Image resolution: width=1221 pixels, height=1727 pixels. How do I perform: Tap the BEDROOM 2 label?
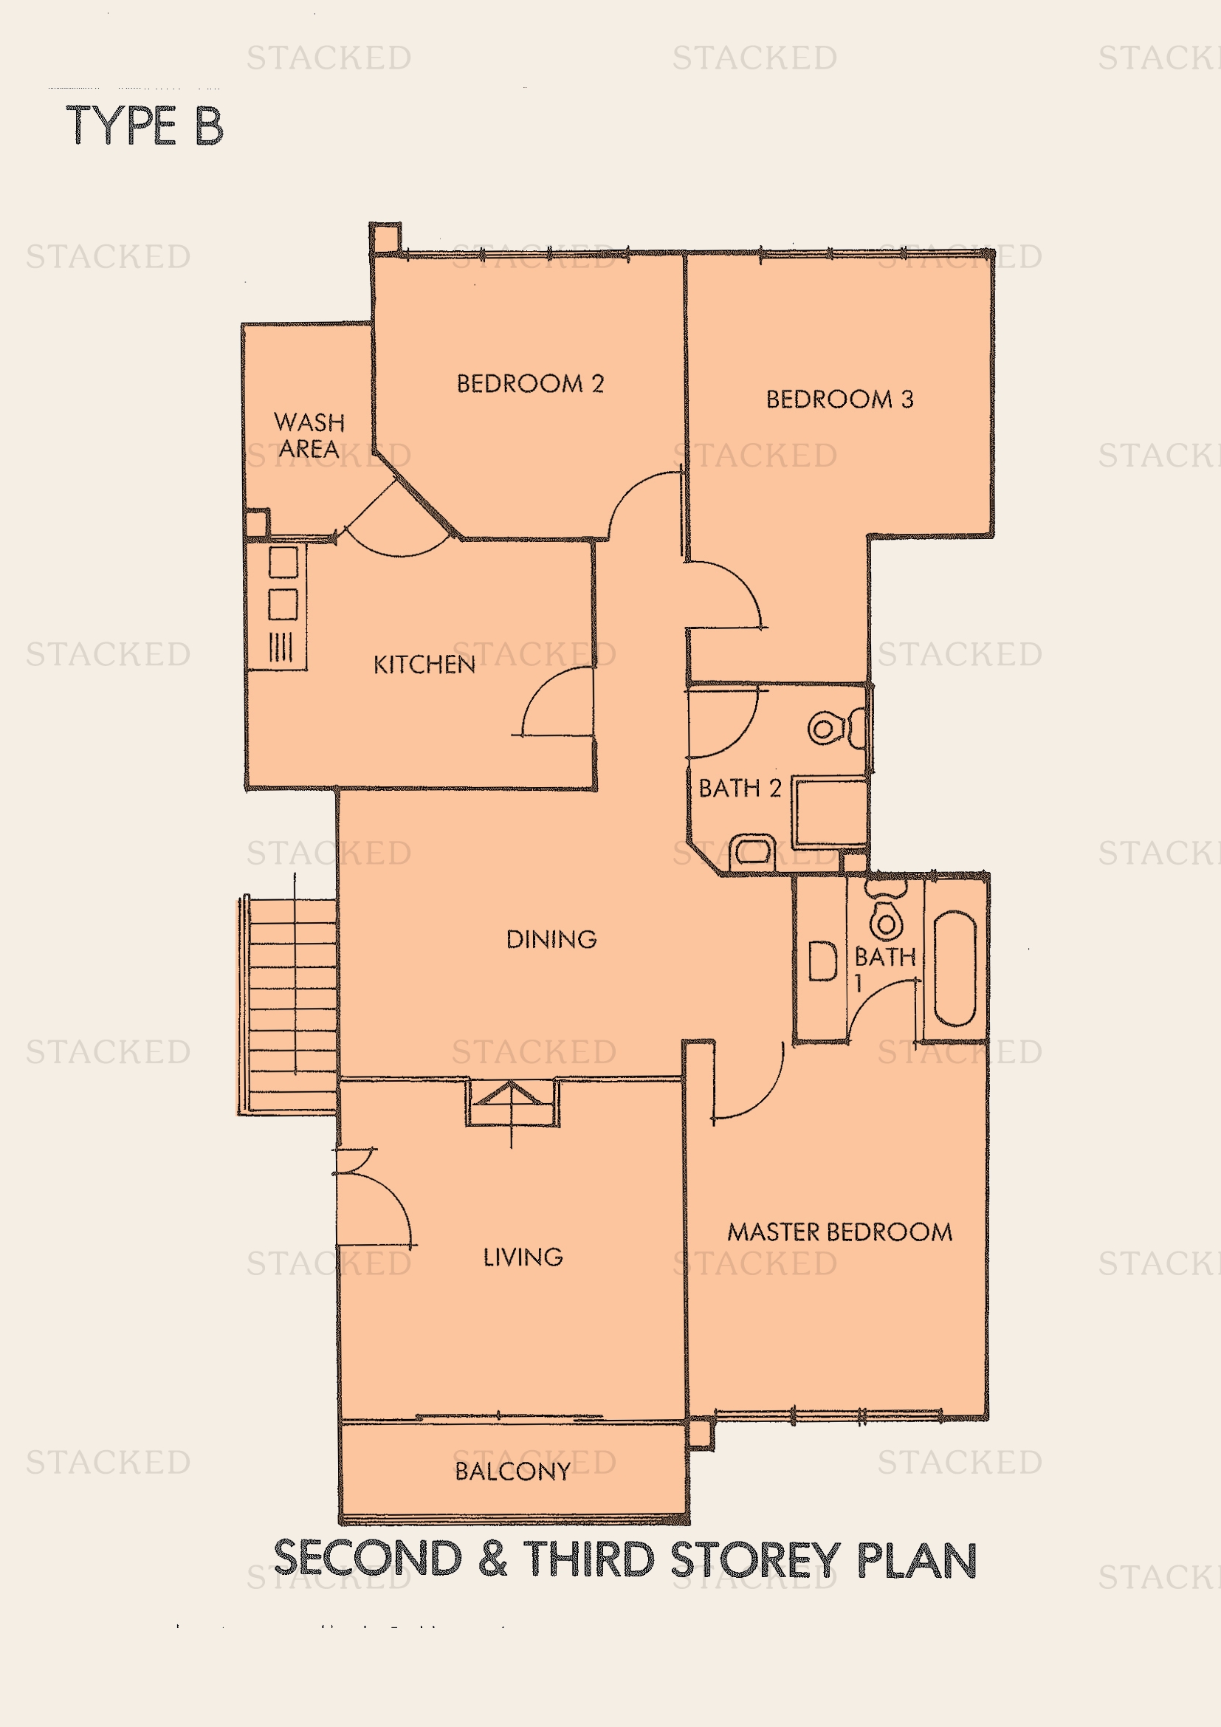click(x=530, y=384)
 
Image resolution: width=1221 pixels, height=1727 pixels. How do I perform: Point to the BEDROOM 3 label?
click(x=839, y=399)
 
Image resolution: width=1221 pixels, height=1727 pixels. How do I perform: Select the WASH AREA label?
click(x=309, y=435)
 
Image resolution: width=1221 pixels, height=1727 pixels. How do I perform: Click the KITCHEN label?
click(x=424, y=665)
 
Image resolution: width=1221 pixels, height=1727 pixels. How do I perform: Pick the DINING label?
click(x=551, y=938)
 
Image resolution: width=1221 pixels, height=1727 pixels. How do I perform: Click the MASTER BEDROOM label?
click(x=839, y=1232)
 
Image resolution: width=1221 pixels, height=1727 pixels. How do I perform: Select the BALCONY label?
click(x=512, y=1471)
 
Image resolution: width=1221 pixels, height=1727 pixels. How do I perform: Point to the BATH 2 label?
click(x=740, y=788)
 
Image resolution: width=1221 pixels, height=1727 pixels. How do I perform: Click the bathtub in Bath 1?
click(x=954, y=968)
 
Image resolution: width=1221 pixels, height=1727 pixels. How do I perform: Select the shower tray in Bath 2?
click(x=830, y=812)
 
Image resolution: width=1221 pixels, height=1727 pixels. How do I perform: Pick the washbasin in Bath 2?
click(x=752, y=851)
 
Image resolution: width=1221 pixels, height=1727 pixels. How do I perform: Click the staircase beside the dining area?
click(x=288, y=1005)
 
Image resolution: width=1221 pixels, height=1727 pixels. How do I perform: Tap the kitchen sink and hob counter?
click(x=278, y=606)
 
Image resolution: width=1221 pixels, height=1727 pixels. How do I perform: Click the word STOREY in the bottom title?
click(x=754, y=1559)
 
